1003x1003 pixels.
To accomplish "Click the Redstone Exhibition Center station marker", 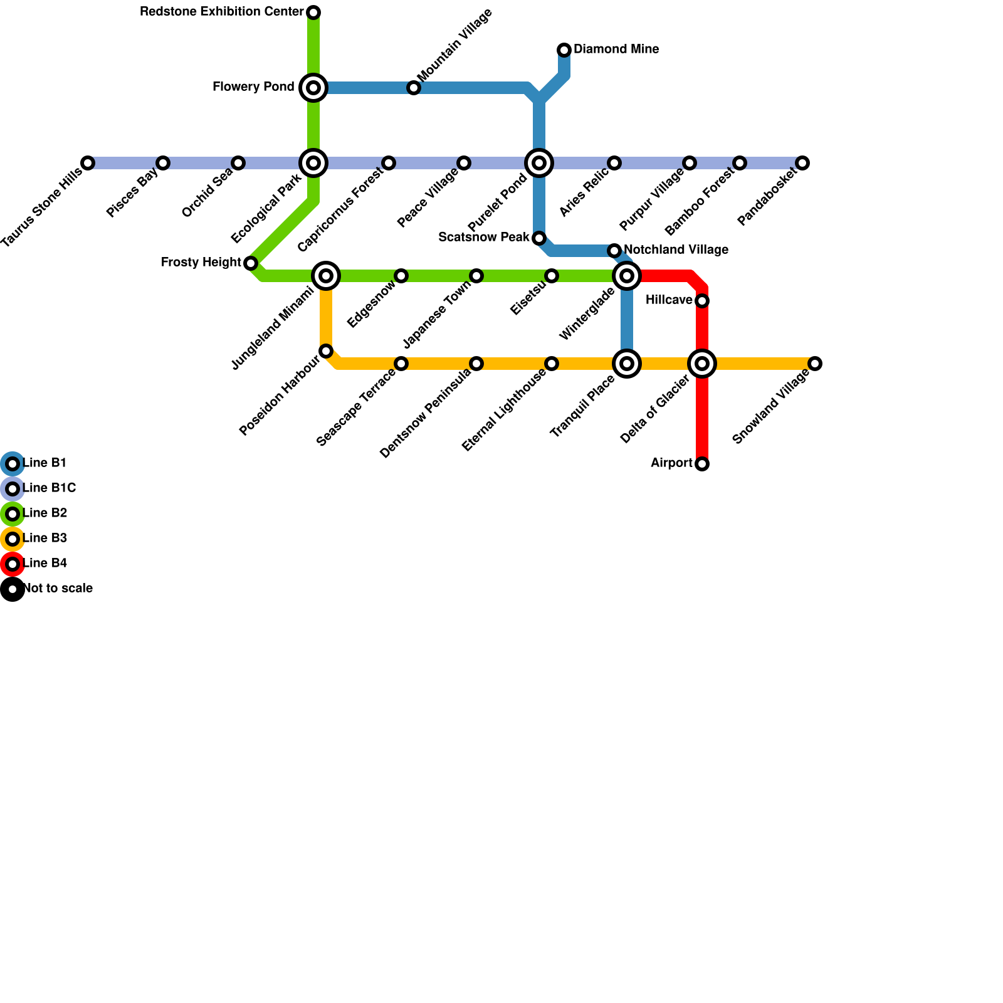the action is click(313, 13).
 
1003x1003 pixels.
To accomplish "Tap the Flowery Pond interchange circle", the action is click(313, 88).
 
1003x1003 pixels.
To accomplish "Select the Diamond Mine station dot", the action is click(564, 50).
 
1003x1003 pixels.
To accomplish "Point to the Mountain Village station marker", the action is click(414, 88).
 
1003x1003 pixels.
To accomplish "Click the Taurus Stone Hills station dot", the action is click(88, 163).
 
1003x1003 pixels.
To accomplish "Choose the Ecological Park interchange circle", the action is click(313, 163).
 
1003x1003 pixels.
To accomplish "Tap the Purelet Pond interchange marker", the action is click(539, 163).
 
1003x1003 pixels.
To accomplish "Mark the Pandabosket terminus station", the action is click(802, 163).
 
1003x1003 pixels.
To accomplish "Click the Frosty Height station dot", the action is click(251, 263).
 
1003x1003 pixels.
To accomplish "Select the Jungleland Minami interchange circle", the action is click(326, 276).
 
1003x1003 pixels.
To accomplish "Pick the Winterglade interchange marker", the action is click(627, 276).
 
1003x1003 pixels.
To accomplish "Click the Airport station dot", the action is click(702, 464).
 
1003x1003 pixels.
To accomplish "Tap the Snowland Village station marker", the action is click(815, 364).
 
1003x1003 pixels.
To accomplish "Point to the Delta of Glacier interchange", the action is click(702, 364).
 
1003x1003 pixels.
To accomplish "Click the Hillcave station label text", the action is click(669, 300).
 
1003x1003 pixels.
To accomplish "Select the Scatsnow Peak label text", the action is click(484, 238).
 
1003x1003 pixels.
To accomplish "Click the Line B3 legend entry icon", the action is click(13, 539).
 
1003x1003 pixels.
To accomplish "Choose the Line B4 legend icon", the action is click(13, 564).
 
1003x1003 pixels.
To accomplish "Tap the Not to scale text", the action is click(58, 589).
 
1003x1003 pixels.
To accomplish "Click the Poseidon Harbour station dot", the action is click(326, 351).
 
